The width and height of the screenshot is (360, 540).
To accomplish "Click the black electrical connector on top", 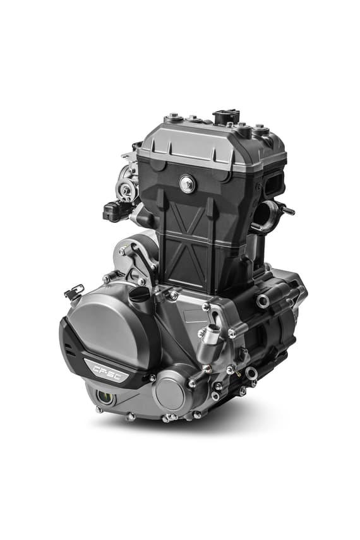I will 226,117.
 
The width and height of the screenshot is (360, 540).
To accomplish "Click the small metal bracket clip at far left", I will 73,292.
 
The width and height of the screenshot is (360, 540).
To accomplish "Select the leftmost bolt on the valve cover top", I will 172,118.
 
